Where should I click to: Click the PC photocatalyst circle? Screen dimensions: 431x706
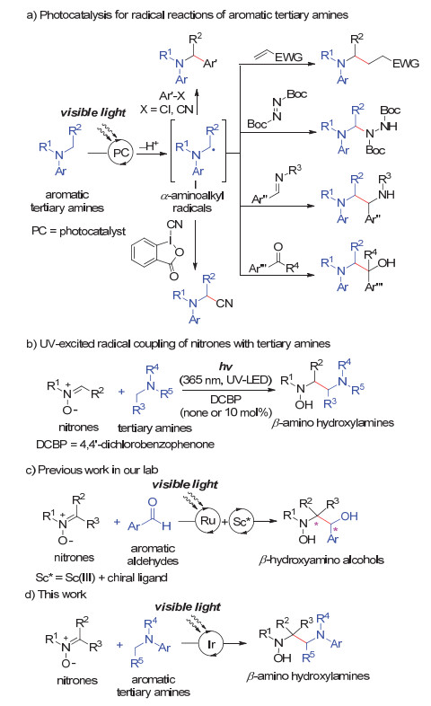[x=120, y=153]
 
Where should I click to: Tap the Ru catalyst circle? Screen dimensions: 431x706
[x=207, y=521]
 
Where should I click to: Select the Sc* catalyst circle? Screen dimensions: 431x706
[x=242, y=521]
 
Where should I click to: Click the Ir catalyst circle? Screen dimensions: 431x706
[x=211, y=644]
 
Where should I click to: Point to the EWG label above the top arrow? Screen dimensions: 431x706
[x=288, y=57]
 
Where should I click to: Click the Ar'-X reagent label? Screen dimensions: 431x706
[x=172, y=96]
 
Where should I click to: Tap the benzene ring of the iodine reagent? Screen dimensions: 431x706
[x=145, y=254]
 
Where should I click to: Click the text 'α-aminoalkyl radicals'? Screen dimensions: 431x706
[x=192, y=202]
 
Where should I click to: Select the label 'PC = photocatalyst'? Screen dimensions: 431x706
[x=78, y=231]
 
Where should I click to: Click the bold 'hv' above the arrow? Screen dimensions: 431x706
[x=225, y=366]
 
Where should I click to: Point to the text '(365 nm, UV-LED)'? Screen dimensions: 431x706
[x=225, y=380]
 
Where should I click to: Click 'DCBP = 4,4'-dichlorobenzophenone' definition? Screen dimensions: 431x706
[x=125, y=445]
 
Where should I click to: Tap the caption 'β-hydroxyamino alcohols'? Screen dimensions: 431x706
[x=321, y=560]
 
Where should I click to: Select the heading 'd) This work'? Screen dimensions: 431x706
[x=56, y=595]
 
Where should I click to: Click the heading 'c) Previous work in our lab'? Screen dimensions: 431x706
[x=92, y=470]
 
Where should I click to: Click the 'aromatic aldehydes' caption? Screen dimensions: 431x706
[x=153, y=555]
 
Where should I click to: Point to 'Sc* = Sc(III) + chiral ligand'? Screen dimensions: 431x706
[x=101, y=578]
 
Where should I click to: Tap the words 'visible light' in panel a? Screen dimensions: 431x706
[x=93, y=112]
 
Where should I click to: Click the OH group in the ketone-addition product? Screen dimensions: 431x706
[x=386, y=262]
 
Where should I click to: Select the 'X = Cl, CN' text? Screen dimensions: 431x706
[x=166, y=109]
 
